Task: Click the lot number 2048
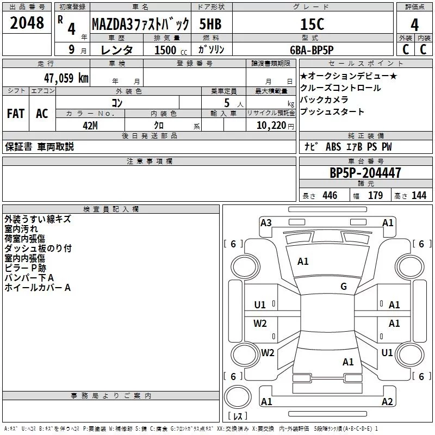click(27, 23)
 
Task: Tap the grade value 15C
click(312, 24)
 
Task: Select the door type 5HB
click(210, 24)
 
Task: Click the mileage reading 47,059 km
click(66, 78)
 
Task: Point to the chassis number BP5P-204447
click(365, 173)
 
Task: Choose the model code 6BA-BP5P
click(312, 50)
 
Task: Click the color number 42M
click(90, 126)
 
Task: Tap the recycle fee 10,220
click(271, 126)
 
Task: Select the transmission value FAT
click(16, 114)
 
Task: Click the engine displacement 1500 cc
click(171, 50)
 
